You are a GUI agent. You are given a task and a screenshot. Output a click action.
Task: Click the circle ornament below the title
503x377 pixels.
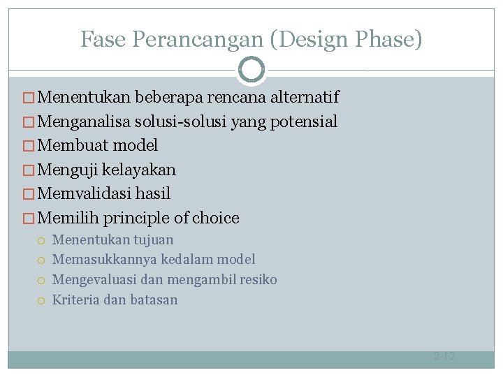251,69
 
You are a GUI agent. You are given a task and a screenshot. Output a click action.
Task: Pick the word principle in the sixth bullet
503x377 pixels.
136,218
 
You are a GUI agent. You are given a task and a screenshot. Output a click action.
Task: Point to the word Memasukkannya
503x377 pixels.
105,260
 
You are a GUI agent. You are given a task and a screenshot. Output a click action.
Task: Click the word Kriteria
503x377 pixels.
76,300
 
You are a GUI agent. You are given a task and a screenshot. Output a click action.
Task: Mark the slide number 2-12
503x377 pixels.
444,356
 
